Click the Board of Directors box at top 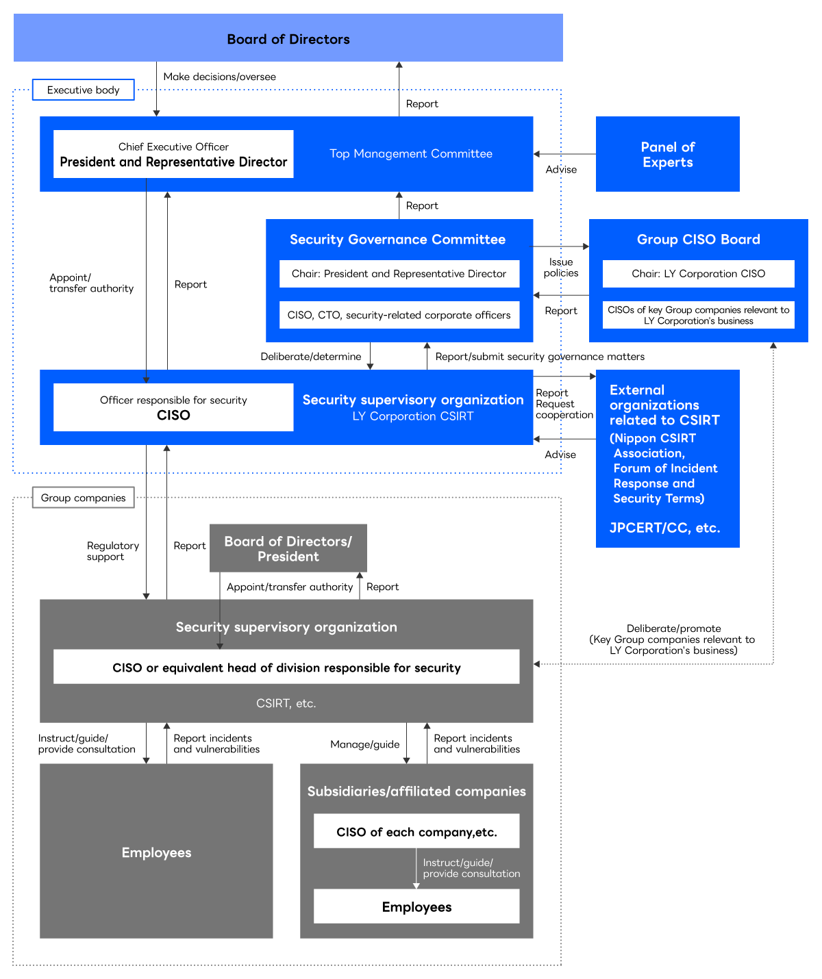[x=288, y=38]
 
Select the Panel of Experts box [x=667, y=154]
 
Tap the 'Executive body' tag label [x=83, y=90]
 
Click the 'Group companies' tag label [x=83, y=498]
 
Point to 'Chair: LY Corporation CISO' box [x=698, y=274]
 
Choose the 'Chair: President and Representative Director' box [x=399, y=274]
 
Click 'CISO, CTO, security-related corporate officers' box [x=399, y=315]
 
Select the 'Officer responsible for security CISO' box [x=173, y=407]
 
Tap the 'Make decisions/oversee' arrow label [x=219, y=77]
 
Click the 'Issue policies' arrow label [x=560, y=268]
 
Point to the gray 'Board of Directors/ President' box [x=288, y=548]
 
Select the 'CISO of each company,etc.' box [x=416, y=832]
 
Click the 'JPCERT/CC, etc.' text [x=664, y=528]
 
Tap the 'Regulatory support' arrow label [x=112, y=551]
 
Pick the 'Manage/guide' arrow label [x=364, y=744]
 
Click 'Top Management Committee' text [x=411, y=154]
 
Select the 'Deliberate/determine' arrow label [x=310, y=357]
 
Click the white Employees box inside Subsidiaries [x=416, y=906]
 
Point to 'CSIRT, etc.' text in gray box [x=286, y=703]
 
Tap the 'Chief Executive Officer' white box [x=173, y=154]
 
